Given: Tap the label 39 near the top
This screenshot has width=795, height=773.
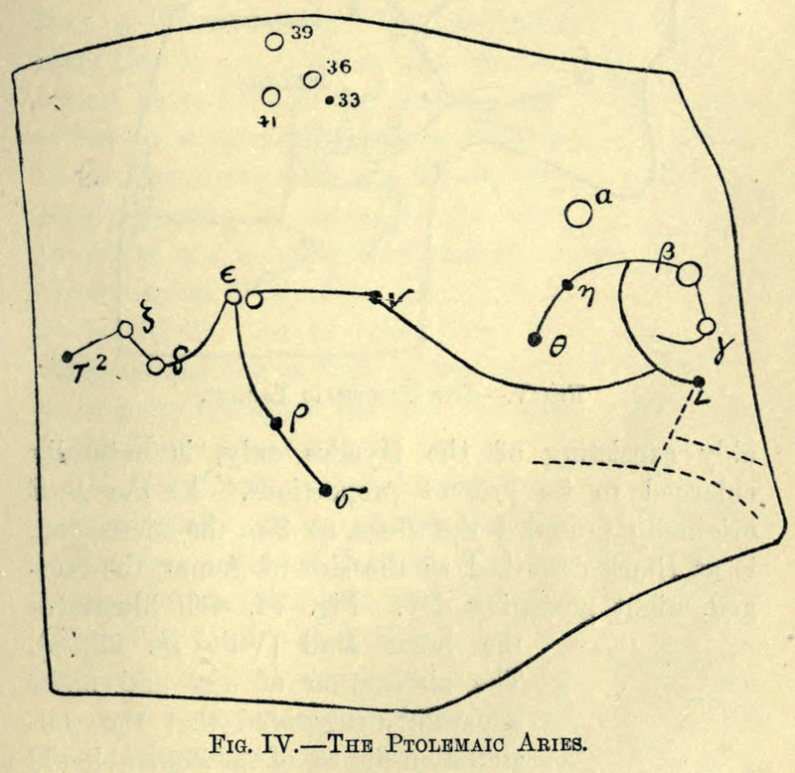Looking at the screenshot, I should (x=301, y=35).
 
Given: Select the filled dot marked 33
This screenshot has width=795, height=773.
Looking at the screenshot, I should (x=329, y=99).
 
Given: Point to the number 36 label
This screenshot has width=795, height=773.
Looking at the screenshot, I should (x=337, y=69).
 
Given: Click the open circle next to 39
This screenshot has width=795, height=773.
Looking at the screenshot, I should (x=274, y=42).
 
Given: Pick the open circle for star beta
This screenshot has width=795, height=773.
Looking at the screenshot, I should (x=690, y=273).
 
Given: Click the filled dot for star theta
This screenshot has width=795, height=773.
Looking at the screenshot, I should (x=535, y=340).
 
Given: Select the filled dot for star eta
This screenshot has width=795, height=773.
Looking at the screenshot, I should (x=566, y=285).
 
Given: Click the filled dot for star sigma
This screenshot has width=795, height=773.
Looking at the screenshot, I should (x=325, y=488).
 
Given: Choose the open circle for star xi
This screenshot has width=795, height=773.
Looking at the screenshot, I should (x=126, y=330).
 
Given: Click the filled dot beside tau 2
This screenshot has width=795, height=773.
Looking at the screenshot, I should (x=68, y=356).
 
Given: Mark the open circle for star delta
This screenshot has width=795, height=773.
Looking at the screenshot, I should (x=156, y=366).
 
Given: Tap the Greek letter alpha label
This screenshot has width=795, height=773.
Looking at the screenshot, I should (x=602, y=197).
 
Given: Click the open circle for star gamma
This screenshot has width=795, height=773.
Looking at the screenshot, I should (x=706, y=326).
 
